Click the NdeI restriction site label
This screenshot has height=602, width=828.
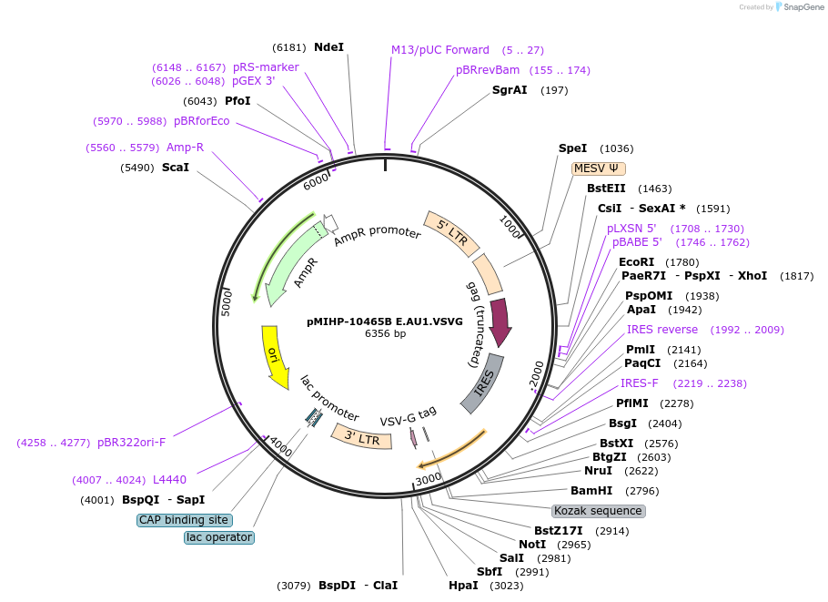pos(328,46)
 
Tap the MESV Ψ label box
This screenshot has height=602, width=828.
pos(596,168)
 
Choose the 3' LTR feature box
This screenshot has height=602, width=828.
pos(361,438)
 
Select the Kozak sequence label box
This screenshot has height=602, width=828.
pos(598,511)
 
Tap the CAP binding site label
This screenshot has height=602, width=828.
pos(184,520)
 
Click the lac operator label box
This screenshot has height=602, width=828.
pos(218,537)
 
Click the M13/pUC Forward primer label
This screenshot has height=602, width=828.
pos(440,50)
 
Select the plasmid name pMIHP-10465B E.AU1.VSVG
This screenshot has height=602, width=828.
pos(385,321)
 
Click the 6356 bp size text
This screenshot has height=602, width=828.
pos(385,334)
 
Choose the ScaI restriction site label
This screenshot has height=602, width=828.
pos(176,168)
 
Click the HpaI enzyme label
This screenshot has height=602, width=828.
pos(463,586)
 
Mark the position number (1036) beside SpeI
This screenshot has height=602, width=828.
pos(617,148)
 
